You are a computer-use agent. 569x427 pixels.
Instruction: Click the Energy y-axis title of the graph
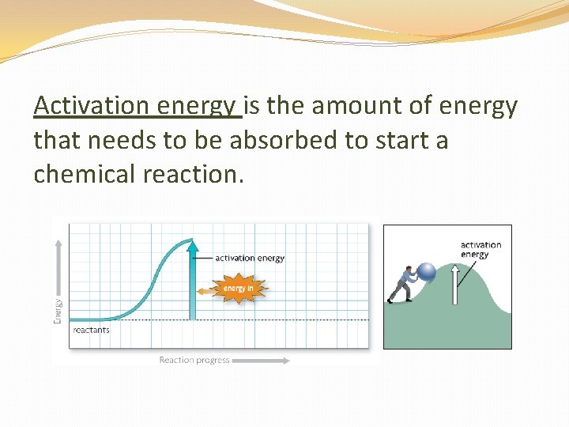[58, 310]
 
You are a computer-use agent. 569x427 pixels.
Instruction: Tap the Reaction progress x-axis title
[194, 361]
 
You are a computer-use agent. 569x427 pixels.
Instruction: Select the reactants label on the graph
[91, 330]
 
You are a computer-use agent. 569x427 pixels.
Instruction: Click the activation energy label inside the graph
[250, 258]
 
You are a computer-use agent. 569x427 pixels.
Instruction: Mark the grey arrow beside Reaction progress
[262, 361]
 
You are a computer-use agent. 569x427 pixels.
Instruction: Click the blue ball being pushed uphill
[426, 273]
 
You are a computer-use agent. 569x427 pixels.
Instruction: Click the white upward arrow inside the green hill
[454, 285]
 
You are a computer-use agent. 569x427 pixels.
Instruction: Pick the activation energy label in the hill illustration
[480, 250]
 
